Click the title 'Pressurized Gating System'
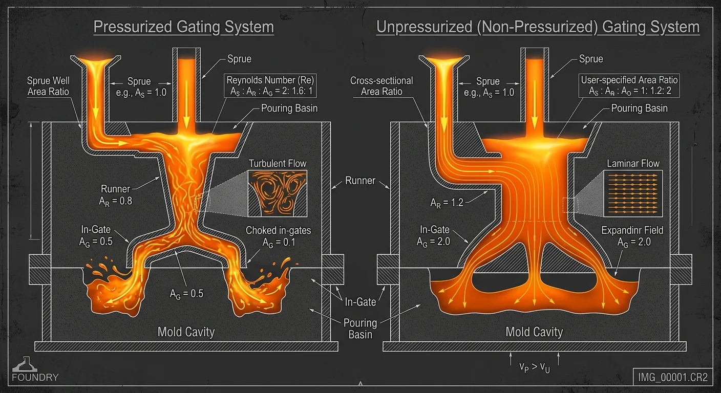[x=183, y=27]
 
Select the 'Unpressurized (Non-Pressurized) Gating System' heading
[x=538, y=27]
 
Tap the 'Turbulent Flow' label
[x=278, y=164]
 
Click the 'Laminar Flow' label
[x=633, y=164]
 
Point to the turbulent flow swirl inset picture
[x=278, y=192]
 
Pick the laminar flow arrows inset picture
[x=633, y=192]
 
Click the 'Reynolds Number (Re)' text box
[x=271, y=85]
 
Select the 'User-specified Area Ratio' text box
[x=629, y=85]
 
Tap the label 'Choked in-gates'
[x=278, y=230]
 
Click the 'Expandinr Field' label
[x=632, y=230]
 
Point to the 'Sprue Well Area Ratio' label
[x=48, y=86]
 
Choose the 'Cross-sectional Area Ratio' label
[x=381, y=86]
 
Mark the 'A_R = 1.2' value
[x=447, y=203]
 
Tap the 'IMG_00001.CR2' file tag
[x=673, y=378]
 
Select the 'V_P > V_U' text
[x=534, y=368]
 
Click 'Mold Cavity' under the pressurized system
[x=186, y=332]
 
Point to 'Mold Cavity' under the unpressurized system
[x=534, y=332]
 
